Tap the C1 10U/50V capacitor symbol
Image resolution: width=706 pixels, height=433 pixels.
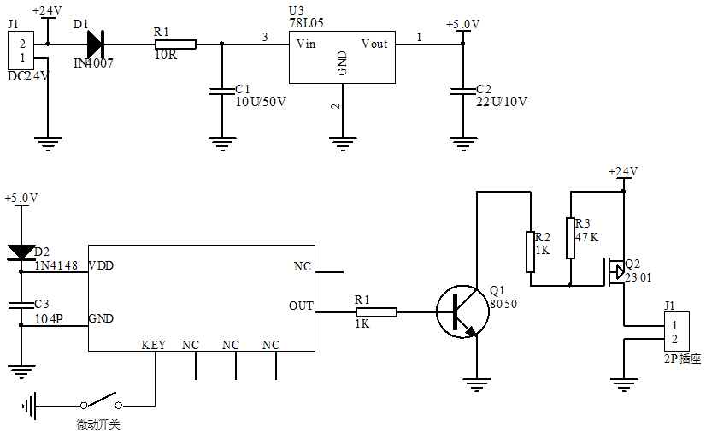tap(222, 89)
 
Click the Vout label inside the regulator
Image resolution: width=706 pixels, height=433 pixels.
tap(374, 44)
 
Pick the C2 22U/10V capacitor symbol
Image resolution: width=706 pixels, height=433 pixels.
tap(462, 89)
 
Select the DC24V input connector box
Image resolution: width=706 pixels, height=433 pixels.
tap(23, 50)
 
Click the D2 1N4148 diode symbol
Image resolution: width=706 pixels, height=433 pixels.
tap(21, 252)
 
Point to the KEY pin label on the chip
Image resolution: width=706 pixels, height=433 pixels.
tap(154, 345)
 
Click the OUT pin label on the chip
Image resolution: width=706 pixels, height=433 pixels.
tap(301, 306)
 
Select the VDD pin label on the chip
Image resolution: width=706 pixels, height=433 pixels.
tap(101, 266)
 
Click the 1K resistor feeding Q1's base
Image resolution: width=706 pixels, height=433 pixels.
tap(376, 312)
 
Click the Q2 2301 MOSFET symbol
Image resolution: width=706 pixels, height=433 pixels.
tap(617, 272)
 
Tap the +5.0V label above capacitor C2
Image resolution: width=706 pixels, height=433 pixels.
tap(462, 24)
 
